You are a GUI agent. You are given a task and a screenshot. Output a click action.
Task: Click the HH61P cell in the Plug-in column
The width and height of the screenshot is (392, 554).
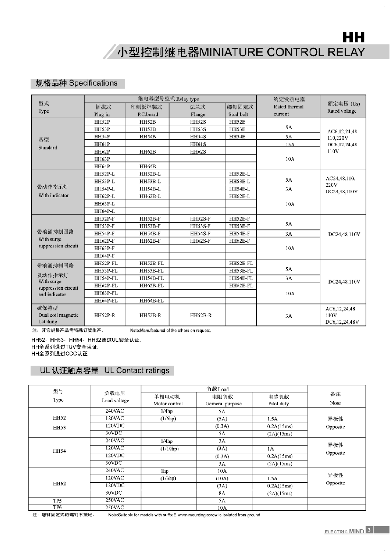tap(102, 144)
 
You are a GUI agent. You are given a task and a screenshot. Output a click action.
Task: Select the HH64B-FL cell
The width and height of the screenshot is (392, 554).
tap(152, 301)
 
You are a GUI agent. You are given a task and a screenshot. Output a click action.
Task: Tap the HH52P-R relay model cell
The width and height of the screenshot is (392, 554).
tap(105, 315)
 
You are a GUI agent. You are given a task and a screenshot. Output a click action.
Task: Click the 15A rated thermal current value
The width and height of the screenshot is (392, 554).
tap(290, 145)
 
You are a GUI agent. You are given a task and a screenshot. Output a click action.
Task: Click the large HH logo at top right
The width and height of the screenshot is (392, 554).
tap(353, 37)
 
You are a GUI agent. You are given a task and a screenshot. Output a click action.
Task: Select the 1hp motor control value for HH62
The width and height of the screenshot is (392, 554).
tap(165, 471)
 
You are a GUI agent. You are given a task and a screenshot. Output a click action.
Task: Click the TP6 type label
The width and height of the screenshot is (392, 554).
tap(57, 507)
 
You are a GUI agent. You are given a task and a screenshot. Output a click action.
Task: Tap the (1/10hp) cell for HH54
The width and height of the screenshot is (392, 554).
tap(169, 449)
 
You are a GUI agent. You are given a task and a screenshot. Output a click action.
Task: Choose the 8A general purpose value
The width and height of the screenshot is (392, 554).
tap(222, 493)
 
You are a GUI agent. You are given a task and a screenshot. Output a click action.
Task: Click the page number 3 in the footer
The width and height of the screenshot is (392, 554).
tap(369, 530)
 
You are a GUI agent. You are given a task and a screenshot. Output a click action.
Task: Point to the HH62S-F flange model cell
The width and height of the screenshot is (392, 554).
tap(200, 241)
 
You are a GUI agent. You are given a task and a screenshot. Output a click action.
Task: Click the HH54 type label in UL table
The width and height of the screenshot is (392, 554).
tap(59, 451)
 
